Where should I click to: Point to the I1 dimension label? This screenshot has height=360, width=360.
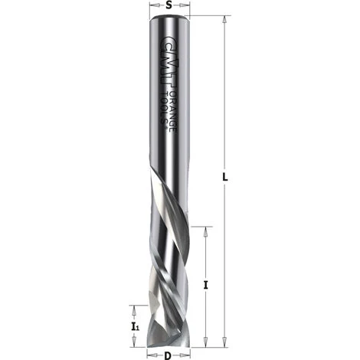click(135, 326)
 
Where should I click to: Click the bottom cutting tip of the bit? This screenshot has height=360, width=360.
click(168, 342)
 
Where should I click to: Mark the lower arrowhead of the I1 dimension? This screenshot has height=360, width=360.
click(135, 342)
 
